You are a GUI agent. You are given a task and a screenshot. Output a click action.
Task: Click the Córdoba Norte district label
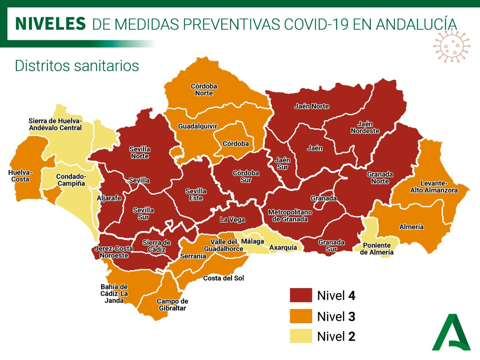click(x=204, y=90)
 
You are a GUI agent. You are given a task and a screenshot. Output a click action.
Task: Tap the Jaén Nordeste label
click(x=365, y=127)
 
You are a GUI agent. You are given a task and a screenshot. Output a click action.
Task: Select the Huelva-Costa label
click(x=20, y=176)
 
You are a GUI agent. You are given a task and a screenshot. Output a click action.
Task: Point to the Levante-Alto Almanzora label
click(x=434, y=187)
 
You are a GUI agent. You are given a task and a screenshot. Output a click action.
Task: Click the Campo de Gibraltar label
click(x=172, y=304)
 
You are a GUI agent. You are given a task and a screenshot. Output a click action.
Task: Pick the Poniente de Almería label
click(x=376, y=249)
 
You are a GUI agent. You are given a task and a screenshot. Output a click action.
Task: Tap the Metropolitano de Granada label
click(x=290, y=216)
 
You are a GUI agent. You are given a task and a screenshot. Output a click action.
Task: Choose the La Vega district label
click(x=232, y=220)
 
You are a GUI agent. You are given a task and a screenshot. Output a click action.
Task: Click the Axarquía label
click(x=283, y=247)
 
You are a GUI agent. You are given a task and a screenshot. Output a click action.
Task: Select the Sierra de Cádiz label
click(x=156, y=246)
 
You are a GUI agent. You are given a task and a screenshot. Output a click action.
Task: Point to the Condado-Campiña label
click(x=71, y=180)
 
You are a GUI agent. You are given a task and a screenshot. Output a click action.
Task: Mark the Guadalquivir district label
click(x=197, y=126)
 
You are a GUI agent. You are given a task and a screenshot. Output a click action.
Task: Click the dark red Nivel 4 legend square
click(x=301, y=295)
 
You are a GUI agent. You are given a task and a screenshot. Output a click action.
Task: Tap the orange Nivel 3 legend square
click(x=301, y=316)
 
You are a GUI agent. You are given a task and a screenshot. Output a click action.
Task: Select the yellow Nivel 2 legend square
click(x=301, y=336)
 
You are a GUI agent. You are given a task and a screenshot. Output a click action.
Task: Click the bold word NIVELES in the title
click(x=50, y=24)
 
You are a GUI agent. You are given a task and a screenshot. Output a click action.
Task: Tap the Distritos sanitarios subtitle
click(x=77, y=66)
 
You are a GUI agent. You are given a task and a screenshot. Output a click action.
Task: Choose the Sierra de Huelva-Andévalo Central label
click(x=55, y=124)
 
